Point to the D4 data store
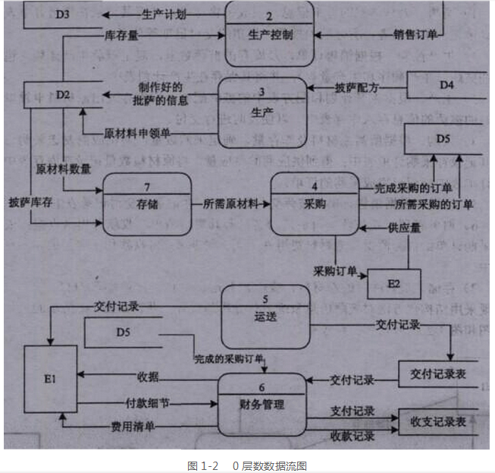coord(447,85)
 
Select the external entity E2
coord(393,284)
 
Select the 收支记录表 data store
coord(438,421)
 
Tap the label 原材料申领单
coord(137,133)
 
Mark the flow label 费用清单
coord(133,427)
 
